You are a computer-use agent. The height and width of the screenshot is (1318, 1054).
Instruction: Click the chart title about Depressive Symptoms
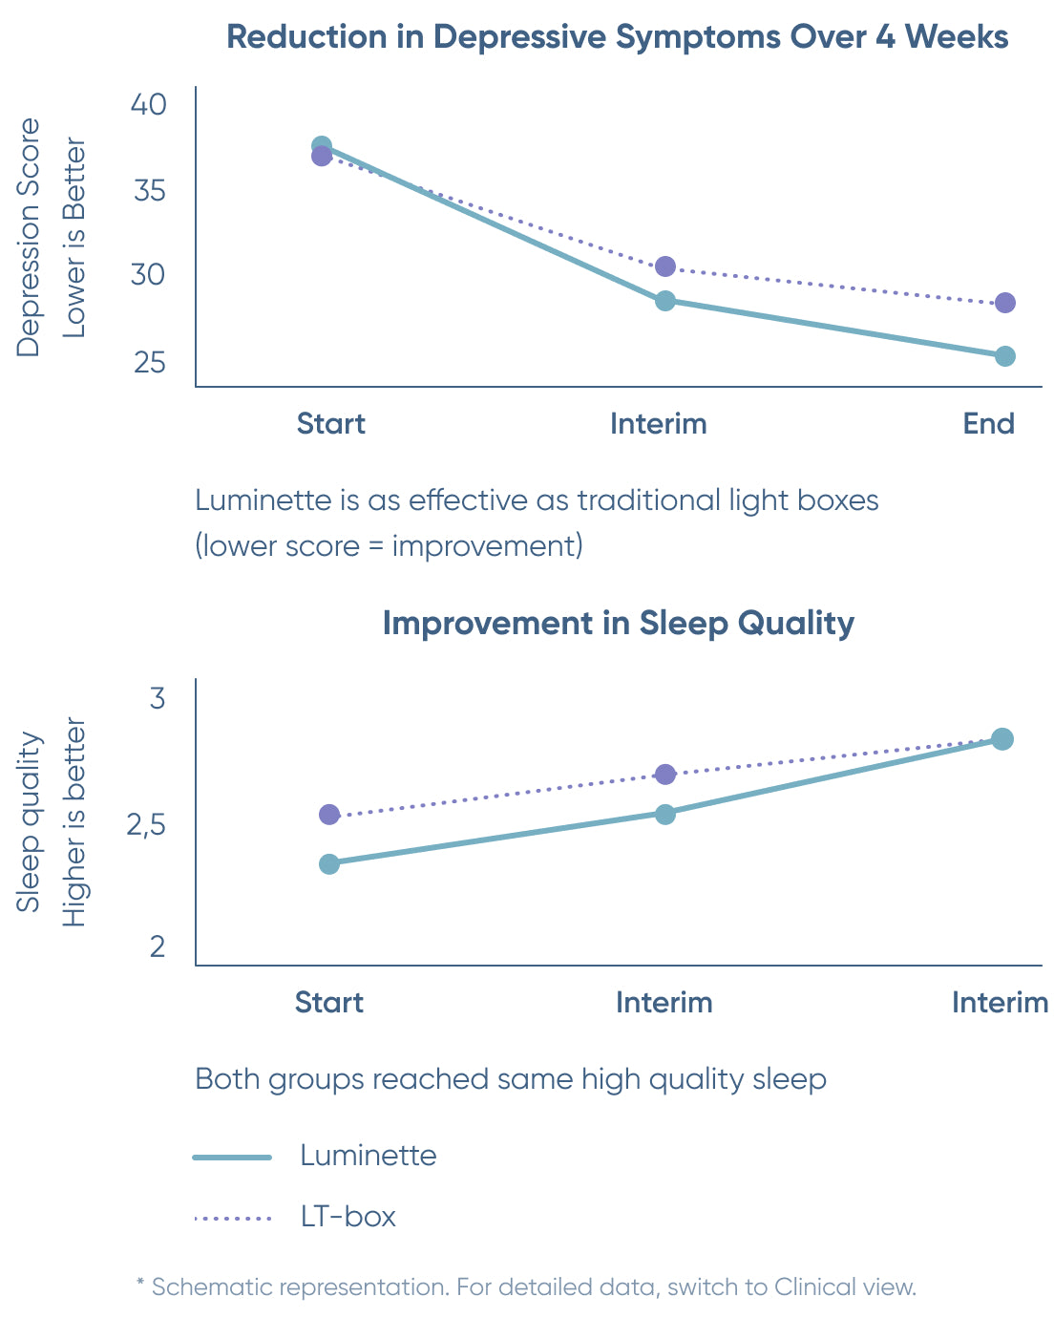point(618,37)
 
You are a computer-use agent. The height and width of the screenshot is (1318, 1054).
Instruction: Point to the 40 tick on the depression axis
point(148,104)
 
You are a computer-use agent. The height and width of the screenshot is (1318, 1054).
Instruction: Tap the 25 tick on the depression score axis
point(149,363)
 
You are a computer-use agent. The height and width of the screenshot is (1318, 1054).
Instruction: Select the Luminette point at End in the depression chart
point(1004,356)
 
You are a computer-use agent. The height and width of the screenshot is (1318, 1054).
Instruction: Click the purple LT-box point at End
point(1004,303)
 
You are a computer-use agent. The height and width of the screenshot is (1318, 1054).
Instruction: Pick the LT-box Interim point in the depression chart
point(665,266)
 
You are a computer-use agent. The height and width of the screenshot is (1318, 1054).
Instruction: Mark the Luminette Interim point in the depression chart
point(665,301)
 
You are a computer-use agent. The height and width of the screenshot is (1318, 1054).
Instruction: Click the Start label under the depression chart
point(330,423)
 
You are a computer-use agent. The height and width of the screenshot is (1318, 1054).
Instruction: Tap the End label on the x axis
point(988,423)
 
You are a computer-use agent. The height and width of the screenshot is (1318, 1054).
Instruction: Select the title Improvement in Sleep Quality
point(618,623)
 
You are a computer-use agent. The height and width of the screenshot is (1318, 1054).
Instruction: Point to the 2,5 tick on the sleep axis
point(146,824)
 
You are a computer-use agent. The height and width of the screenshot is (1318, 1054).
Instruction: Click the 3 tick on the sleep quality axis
point(158,698)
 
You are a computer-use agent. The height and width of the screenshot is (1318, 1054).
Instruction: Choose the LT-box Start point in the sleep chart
point(329,815)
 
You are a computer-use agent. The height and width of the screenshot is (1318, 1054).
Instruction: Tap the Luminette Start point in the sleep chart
point(329,863)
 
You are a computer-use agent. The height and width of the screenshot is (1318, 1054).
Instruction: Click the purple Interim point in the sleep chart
point(665,774)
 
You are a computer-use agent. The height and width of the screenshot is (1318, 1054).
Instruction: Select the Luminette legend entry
point(368,1156)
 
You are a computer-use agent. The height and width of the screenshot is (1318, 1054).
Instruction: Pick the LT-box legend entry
point(348,1217)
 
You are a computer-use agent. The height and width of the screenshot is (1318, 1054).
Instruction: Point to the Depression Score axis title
point(30,237)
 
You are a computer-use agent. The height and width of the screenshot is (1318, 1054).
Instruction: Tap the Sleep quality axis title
point(30,821)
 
